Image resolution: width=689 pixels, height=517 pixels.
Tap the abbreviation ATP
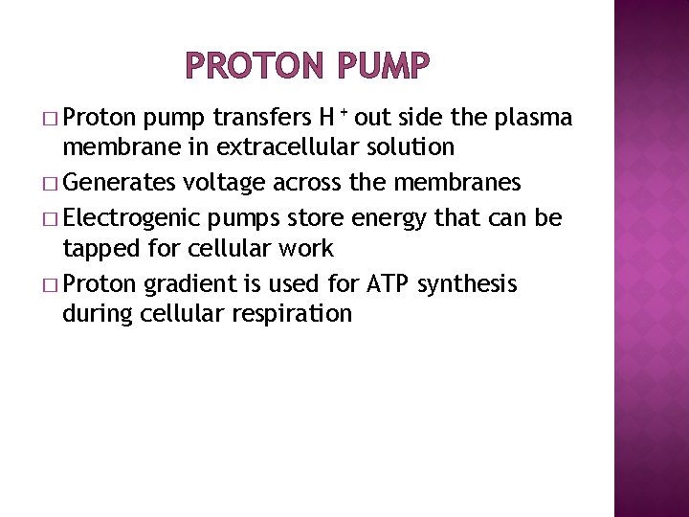(378, 283)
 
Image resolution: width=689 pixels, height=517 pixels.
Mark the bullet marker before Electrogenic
(49, 218)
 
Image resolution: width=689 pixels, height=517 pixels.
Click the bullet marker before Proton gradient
(49, 284)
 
